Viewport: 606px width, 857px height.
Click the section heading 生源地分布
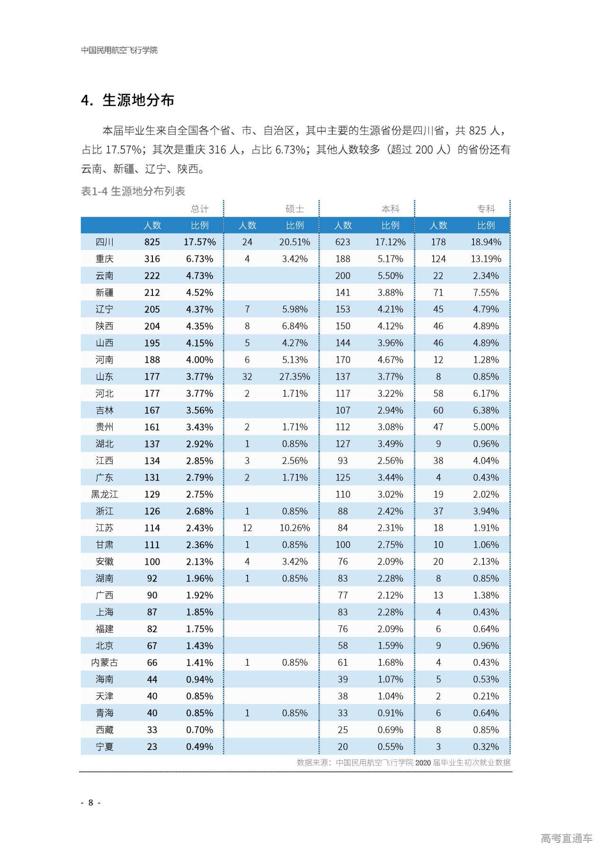(138, 100)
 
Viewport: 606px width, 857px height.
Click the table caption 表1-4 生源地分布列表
(133, 191)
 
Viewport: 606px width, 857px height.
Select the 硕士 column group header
(294, 209)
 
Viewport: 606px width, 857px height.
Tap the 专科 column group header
(486, 209)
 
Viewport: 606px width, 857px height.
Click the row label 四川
(105, 242)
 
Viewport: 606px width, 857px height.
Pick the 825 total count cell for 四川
(152, 242)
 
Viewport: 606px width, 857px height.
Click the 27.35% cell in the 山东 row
(294, 376)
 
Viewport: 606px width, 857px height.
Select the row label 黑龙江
(105, 494)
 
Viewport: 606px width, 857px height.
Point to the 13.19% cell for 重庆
(486, 259)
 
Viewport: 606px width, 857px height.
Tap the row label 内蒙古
(105, 662)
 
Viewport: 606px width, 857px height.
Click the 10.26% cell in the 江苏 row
(294, 528)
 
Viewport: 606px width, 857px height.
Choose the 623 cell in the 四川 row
(343, 242)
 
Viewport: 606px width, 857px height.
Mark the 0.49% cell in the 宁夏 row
(199, 747)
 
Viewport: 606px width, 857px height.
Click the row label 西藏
(105, 730)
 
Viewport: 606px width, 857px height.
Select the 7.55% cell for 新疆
(486, 293)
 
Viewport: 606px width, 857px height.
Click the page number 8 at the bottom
(90, 803)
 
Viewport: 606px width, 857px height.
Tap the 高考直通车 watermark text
(566, 838)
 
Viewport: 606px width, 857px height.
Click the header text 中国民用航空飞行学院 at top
(119, 50)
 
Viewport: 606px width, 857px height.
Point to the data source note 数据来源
(403, 762)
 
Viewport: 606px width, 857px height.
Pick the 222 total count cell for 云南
(152, 276)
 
